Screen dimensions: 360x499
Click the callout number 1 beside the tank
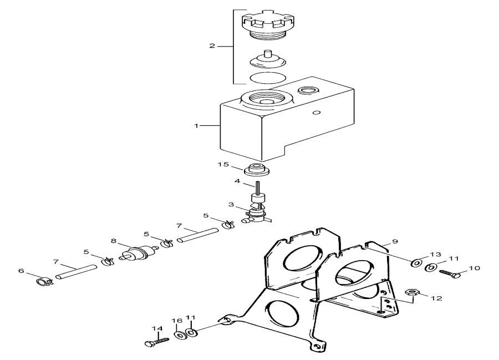click(x=196, y=126)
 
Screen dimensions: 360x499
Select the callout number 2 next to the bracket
click(x=212, y=45)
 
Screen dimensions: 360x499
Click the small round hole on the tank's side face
click(x=317, y=113)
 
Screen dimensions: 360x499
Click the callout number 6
click(x=22, y=271)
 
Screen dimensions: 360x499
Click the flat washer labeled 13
click(x=415, y=262)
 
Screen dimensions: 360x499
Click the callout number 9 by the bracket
click(x=395, y=241)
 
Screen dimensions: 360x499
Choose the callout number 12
click(x=436, y=298)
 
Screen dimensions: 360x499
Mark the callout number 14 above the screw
click(x=158, y=328)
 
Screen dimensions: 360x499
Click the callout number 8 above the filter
click(x=113, y=241)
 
